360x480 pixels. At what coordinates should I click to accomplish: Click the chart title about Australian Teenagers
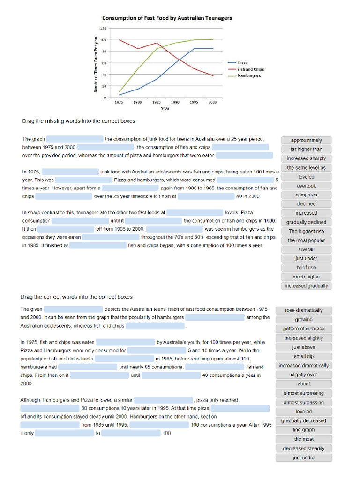(167, 18)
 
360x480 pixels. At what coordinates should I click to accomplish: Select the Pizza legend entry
(242, 63)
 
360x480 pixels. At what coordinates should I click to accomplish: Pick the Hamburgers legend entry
(249, 75)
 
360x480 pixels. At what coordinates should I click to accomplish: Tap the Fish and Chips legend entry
(250, 69)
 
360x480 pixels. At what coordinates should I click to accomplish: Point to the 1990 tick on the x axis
(175, 102)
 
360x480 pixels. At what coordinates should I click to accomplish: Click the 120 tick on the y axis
(104, 29)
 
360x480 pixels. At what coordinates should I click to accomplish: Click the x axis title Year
(165, 109)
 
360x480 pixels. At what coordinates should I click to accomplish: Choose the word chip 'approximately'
(306, 140)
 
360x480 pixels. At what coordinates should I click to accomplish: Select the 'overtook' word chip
(306, 186)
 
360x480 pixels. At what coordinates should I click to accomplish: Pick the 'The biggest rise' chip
(306, 231)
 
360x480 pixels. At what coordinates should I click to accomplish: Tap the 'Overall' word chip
(306, 249)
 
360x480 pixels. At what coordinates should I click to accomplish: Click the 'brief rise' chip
(306, 268)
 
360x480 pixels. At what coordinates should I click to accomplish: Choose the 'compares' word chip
(306, 195)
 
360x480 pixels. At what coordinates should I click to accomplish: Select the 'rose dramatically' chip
(303, 310)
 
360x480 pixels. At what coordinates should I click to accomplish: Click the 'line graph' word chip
(303, 430)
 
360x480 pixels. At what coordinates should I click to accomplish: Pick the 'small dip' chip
(303, 356)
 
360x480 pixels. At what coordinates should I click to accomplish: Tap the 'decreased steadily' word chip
(303, 449)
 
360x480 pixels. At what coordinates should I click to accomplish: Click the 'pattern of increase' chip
(303, 329)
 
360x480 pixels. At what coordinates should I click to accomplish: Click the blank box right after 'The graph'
(75, 139)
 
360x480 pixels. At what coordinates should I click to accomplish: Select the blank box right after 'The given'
(74, 309)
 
